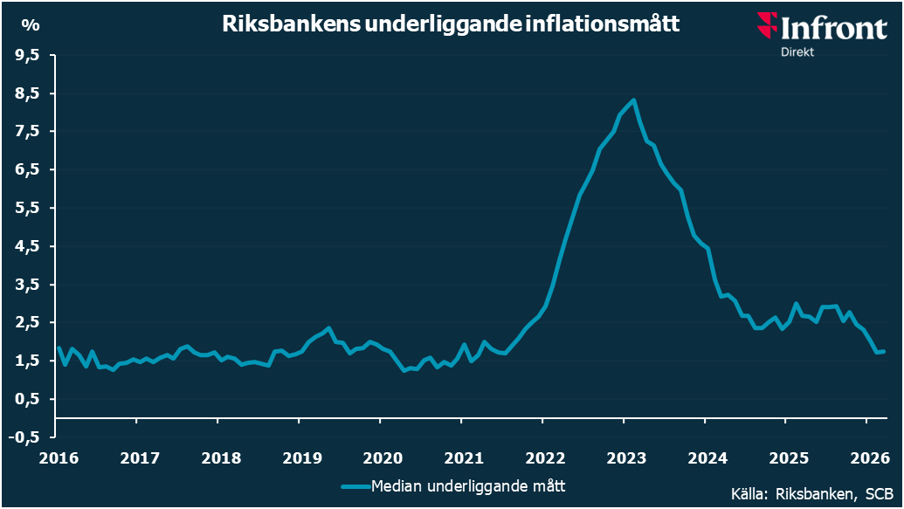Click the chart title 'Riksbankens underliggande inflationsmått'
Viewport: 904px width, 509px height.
[451, 24]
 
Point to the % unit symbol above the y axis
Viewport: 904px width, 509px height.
[30, 24]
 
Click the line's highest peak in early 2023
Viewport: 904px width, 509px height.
[633, 100]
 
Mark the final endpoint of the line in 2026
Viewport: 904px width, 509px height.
[885, 351]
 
